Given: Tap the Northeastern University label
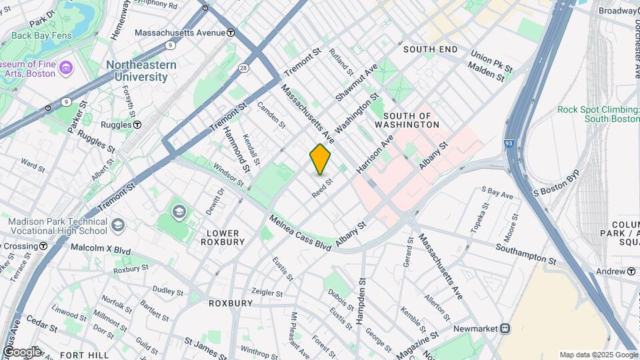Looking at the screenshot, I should (x=141, y=71).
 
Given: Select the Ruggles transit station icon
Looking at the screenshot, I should (x=137, y=124).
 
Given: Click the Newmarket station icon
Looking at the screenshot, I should (x=505, y=329).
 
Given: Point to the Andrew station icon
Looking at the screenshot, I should (x=631, y=271).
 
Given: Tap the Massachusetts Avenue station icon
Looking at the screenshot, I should (x=231, y=32).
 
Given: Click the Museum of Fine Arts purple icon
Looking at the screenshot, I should (x=65, y=67).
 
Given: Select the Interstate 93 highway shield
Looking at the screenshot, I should (x=509, y=143).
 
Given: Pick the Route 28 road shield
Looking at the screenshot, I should (x=244, y=68).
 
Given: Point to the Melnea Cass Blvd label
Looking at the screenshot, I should (x=299, y=233).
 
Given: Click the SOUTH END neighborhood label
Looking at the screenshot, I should (x=430, y=49).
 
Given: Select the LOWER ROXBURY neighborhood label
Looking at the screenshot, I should (x=223, y=237).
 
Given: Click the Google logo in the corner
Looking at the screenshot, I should (x=21, y=351).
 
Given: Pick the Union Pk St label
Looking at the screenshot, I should (x=491, y=61).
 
